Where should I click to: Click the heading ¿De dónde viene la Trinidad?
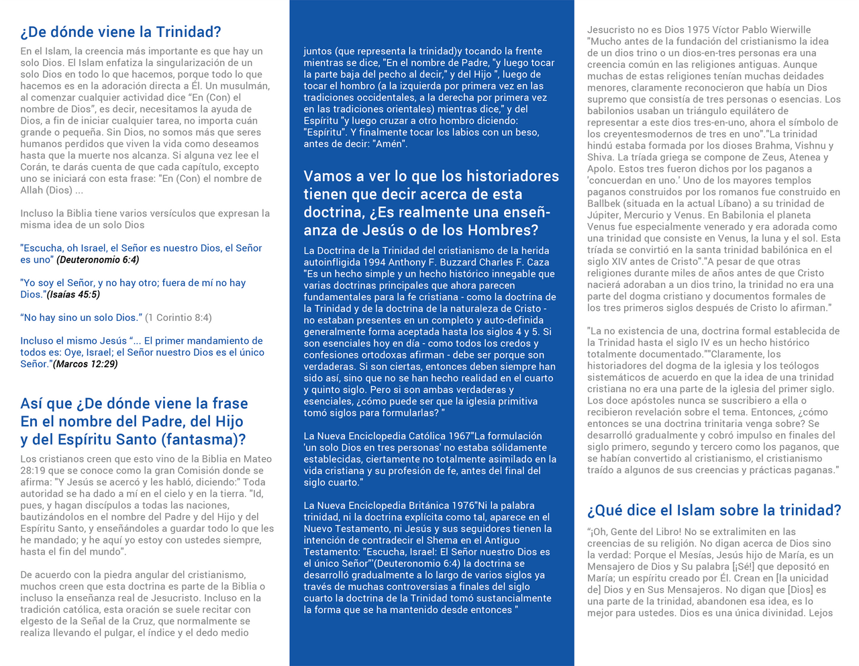(121, 32)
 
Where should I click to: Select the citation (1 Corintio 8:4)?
(179, 318)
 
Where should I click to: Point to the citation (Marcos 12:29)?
(85, 364)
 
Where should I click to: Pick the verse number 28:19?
(32, 471)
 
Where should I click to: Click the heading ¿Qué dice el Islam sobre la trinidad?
(714, 510)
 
